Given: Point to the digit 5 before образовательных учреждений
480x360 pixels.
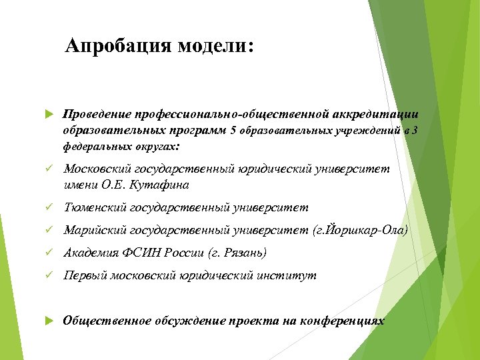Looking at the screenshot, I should (x=233, y=130).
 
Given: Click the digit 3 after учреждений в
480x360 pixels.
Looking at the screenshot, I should (x=415, y=130).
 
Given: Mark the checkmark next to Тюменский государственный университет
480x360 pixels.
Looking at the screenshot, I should (x=48, y=208).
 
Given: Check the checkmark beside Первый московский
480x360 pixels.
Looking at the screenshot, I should (x=48, y=276).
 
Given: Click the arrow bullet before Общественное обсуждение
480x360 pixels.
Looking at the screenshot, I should (x=48, y=321).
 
